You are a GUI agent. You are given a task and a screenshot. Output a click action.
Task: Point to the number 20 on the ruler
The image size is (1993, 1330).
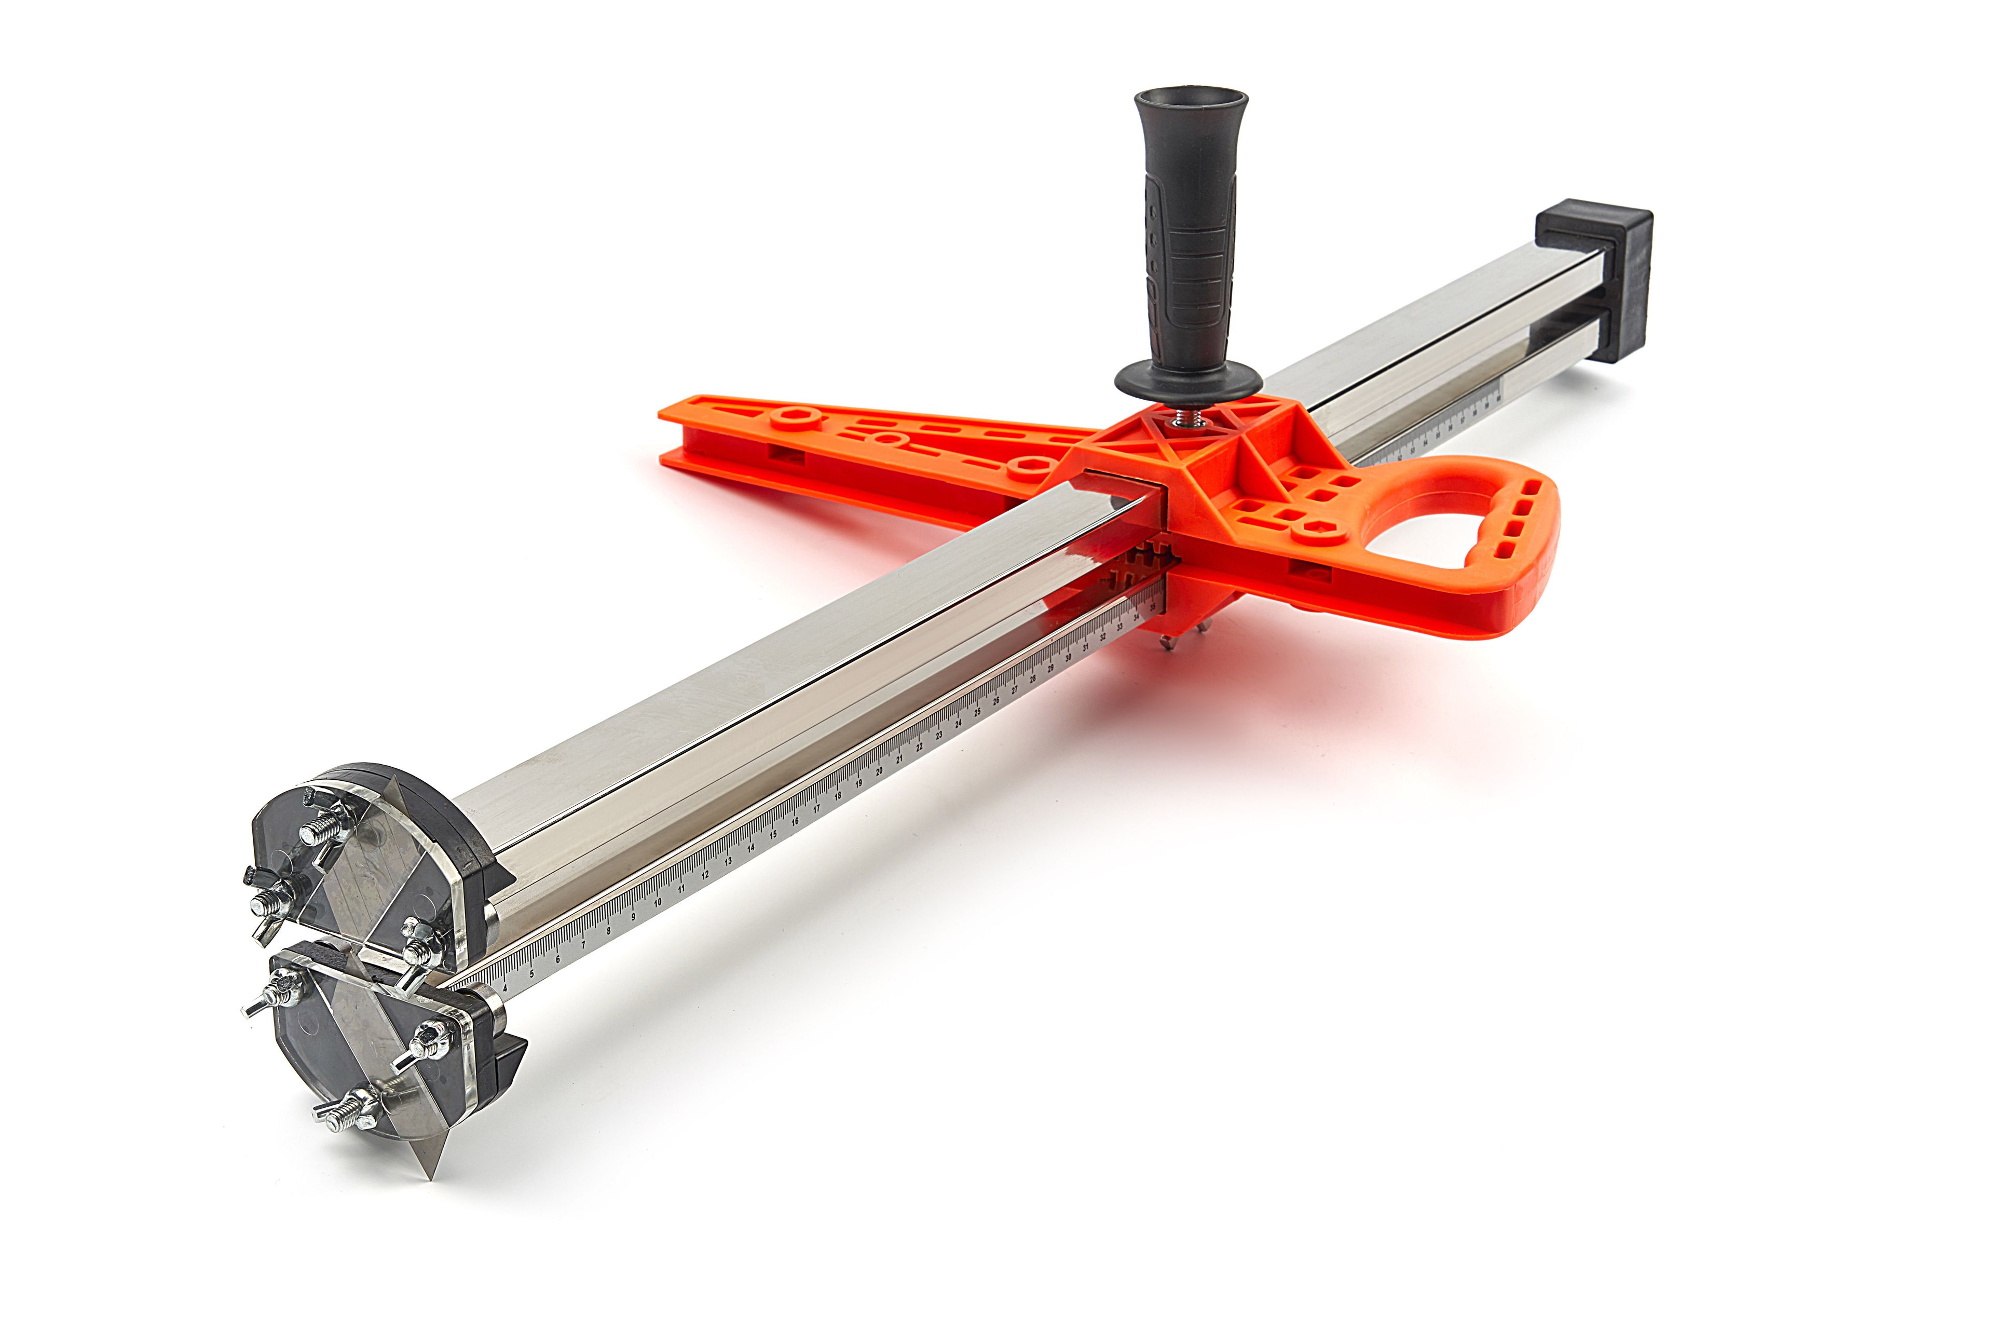click(x=880, y=771)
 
